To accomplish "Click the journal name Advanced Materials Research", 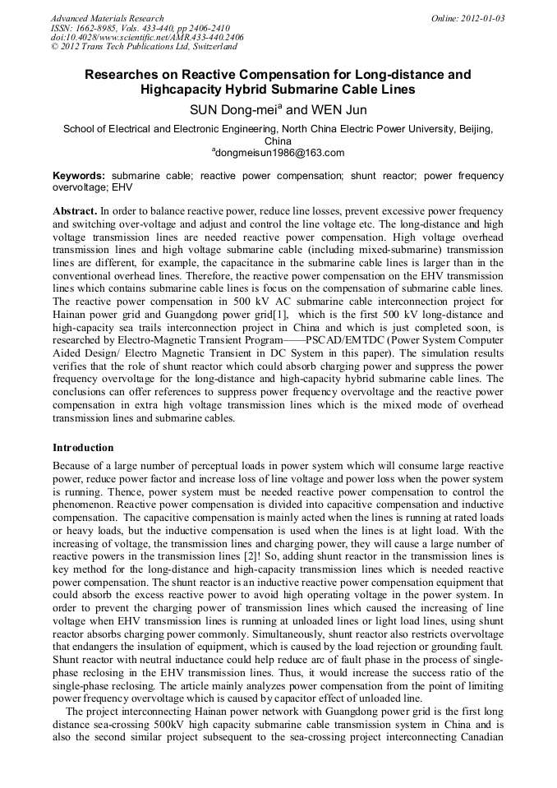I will [107, 18].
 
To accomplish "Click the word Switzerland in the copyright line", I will [209, 47].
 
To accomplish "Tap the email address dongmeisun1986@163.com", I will [279, 153].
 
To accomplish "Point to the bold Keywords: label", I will [79, 176].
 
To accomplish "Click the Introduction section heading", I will [83, 448].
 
